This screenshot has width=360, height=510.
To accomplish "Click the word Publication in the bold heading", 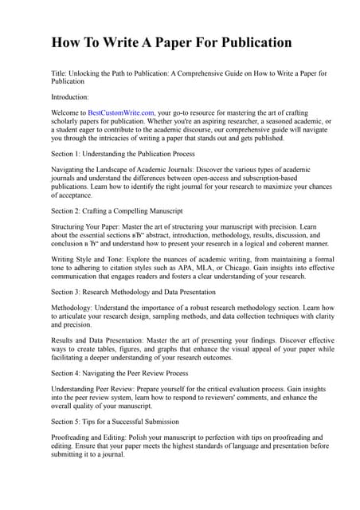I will pyautogui.click(x=248, y=42).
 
